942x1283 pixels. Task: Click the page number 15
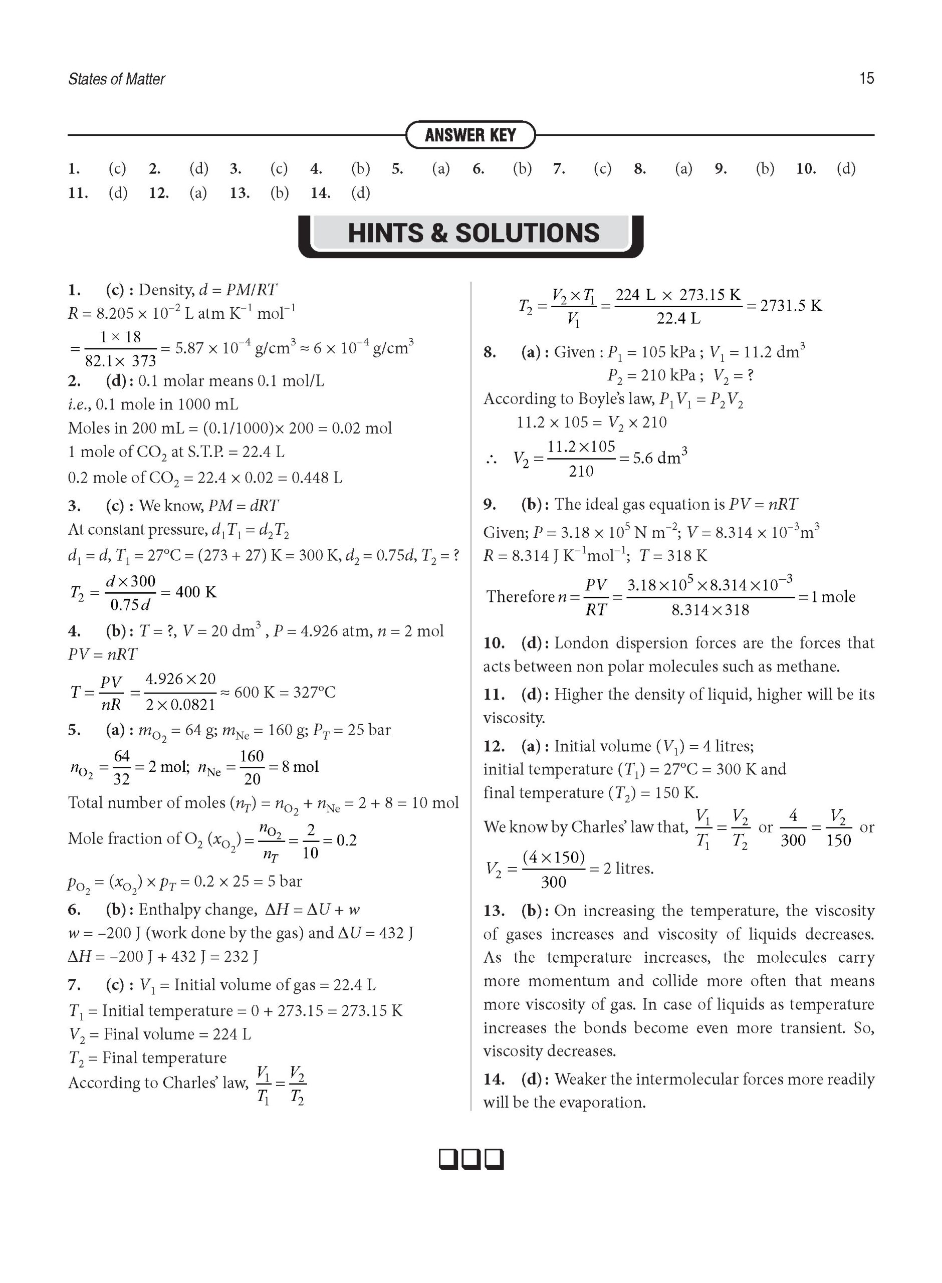(866, 78)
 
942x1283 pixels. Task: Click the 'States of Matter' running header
(116, 79)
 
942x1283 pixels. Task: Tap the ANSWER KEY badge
(470, 135)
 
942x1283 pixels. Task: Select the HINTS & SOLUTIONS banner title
(474, 233)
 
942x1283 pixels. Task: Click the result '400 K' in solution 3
(195, 592)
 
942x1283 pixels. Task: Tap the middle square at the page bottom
(471, 1159)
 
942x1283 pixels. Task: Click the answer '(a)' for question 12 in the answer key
(198, 193)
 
